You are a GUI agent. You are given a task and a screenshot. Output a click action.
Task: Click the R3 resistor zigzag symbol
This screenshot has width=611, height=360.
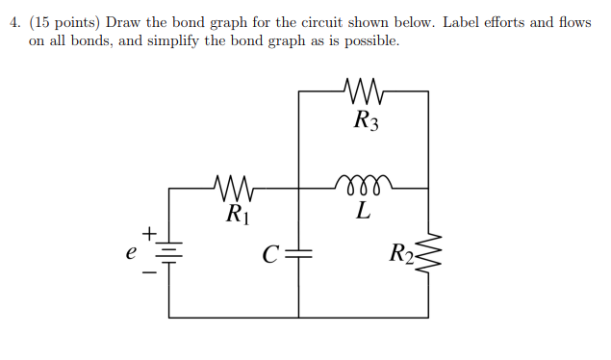(363, 92)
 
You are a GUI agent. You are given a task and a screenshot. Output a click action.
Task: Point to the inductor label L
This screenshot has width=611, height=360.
(362, 211)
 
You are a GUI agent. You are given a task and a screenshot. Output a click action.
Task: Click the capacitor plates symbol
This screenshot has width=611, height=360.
(298, 253)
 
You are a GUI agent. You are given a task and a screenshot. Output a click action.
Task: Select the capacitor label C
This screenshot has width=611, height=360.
(270, 255)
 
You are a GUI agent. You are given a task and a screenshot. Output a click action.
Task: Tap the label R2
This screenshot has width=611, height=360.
(401, 254)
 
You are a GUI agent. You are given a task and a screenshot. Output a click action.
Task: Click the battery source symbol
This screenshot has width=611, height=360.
(170, 252)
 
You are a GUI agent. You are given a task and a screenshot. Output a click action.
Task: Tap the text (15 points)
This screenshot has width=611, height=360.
(64, 21)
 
